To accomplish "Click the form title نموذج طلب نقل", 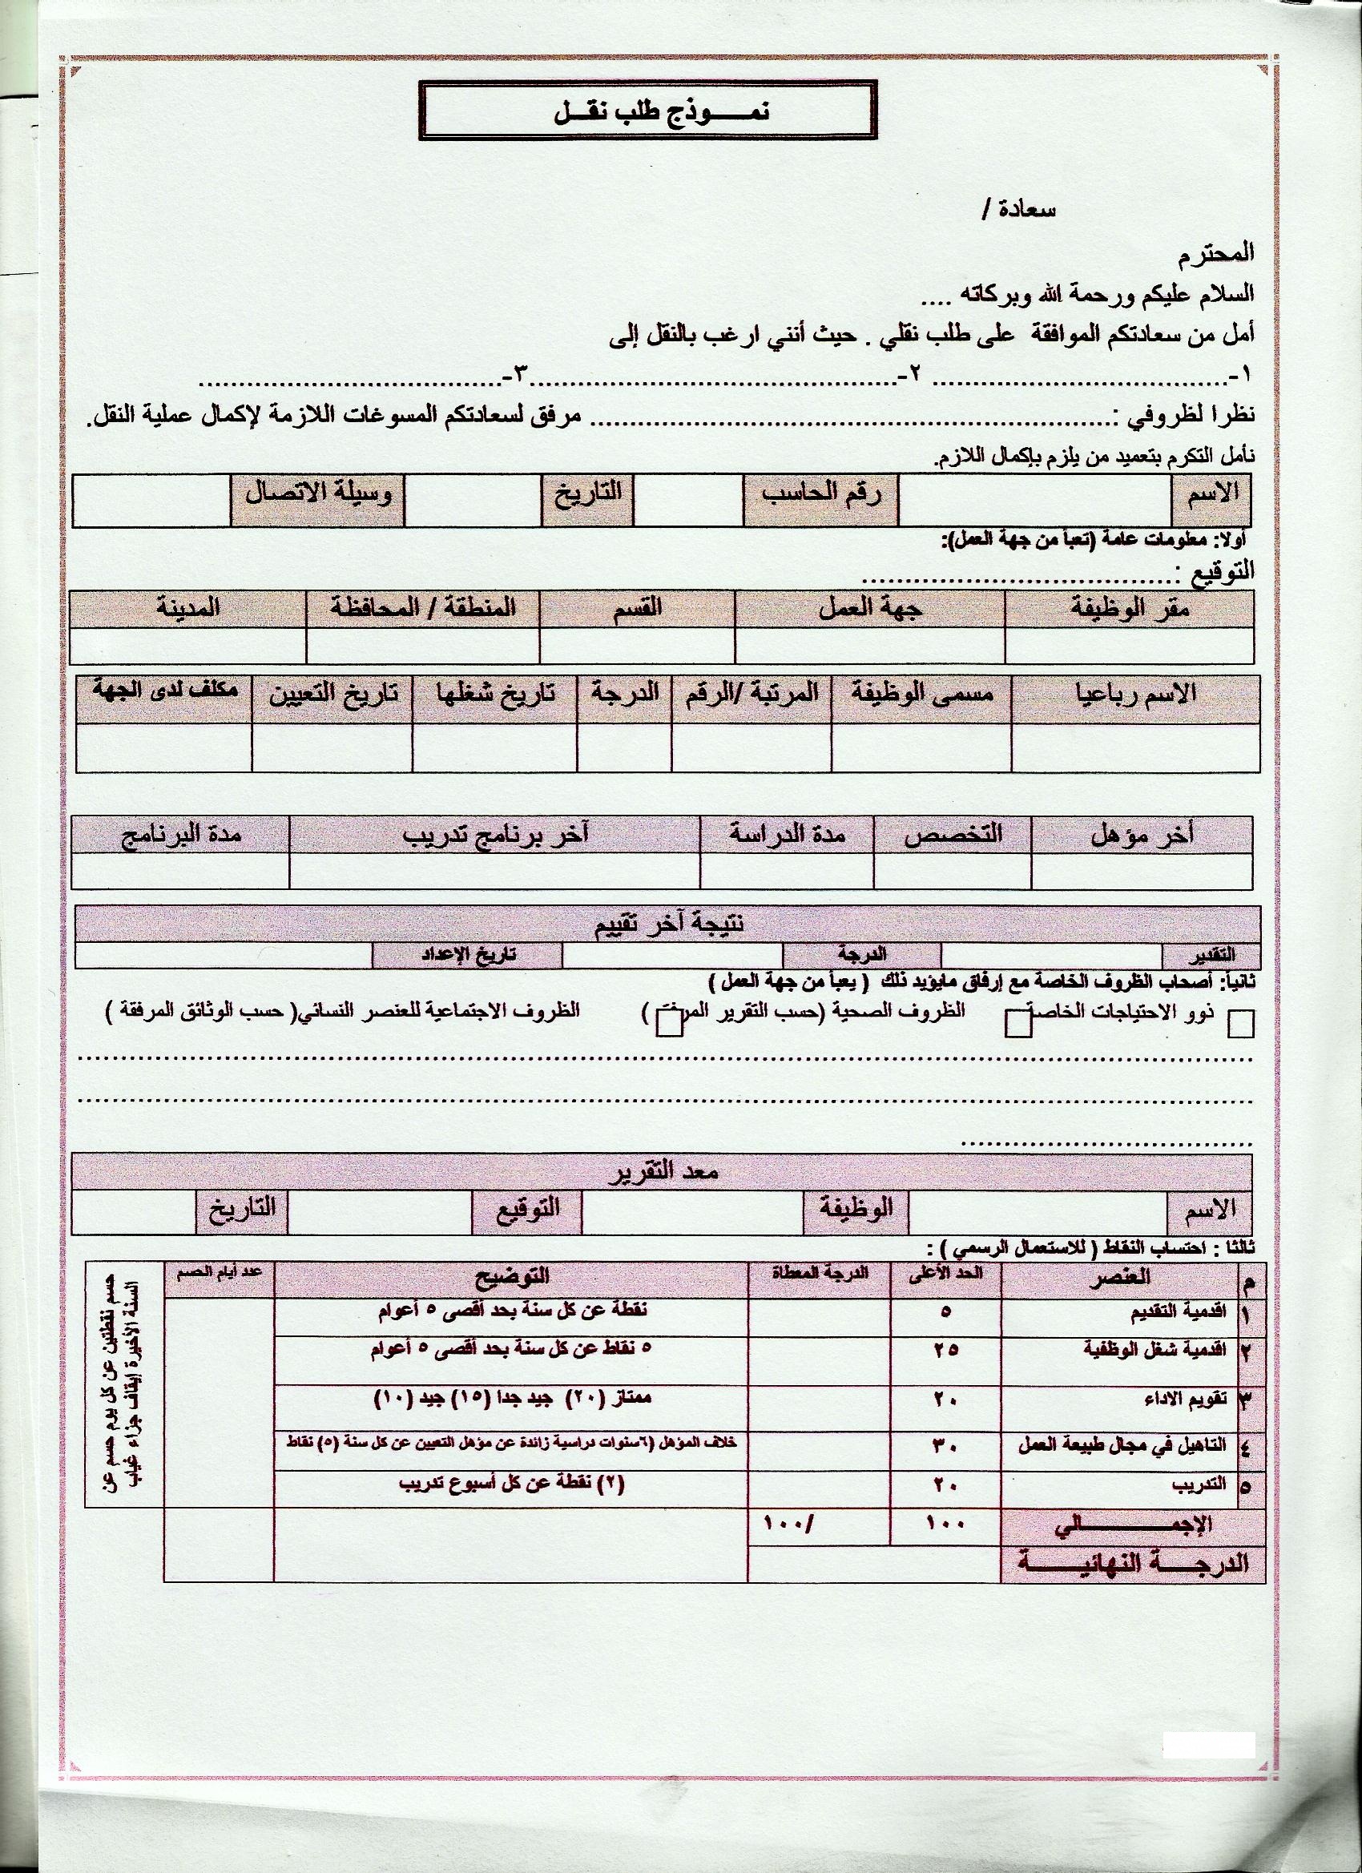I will (647, 113).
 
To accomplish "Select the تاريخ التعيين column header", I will (332, 695).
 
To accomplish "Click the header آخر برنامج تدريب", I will (495, 835).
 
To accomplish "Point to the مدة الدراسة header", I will (786, 835).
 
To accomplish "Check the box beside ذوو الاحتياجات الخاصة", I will (1240, 1024).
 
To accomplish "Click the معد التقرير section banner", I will (661, 1174).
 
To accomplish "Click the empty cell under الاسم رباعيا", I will (1134, 747).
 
